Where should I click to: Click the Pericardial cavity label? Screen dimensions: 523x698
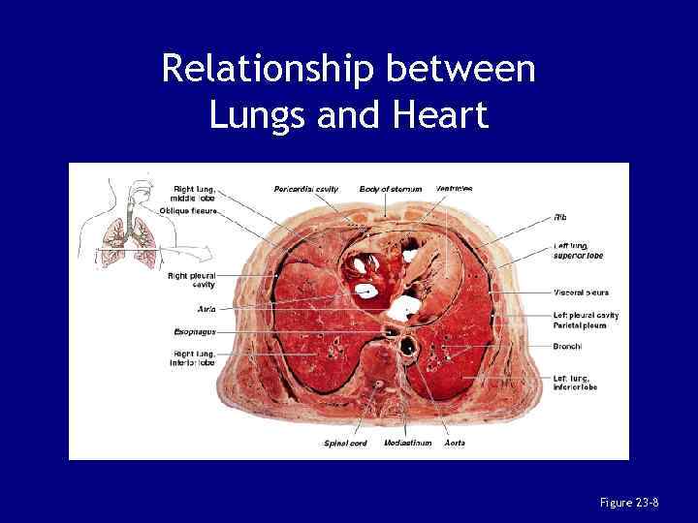pyautogui.click(x=306, y=189)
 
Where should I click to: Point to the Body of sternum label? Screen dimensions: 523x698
pyautogui.click(x=391, y=189)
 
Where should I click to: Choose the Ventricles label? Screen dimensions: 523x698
pyautogui.click(x=455, y=188)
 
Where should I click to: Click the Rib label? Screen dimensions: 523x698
pyautogui.click(x=560, y=217)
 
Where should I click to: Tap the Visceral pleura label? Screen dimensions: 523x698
pyautogui.click(x=581, y=292)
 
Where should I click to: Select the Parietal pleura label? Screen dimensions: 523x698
pyautogui.click(x=580, y=325)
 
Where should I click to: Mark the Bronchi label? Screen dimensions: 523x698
pyautogui.click(x=567, y=345)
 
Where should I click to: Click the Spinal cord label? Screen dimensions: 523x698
pyautogui.click(x=345, y=443)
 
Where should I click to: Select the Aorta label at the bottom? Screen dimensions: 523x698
pyautogui.click(x=454, y=443)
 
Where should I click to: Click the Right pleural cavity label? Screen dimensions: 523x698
pyautogui.click(x=191, y=280)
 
